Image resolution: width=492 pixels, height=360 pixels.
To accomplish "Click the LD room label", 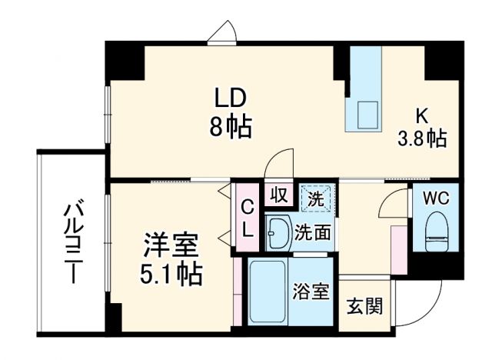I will pos(229,98).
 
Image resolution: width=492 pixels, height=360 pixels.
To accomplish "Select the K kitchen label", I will pos(421,116).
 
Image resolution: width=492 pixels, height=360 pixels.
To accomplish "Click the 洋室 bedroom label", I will pos(171,248).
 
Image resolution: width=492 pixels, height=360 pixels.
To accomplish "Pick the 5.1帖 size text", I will pos(171,275).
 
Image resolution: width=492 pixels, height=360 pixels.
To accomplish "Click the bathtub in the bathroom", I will pos(265,293).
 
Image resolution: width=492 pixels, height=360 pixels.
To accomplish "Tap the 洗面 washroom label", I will pos(316,231).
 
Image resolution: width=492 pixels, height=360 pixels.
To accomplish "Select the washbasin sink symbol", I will pos(278,230).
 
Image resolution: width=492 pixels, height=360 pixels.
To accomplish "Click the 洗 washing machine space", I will pos(316,198).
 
